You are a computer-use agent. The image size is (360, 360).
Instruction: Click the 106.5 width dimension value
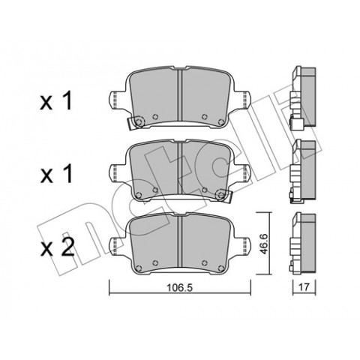click(x=180, y=288)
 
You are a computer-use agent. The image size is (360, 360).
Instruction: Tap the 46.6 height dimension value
click(x=264, y=244)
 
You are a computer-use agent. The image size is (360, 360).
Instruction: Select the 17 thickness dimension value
click(x=304, y=287)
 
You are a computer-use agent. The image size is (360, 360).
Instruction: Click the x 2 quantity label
click(x=57, y=247)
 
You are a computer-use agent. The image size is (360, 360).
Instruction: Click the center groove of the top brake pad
click(x=180, y=96)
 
